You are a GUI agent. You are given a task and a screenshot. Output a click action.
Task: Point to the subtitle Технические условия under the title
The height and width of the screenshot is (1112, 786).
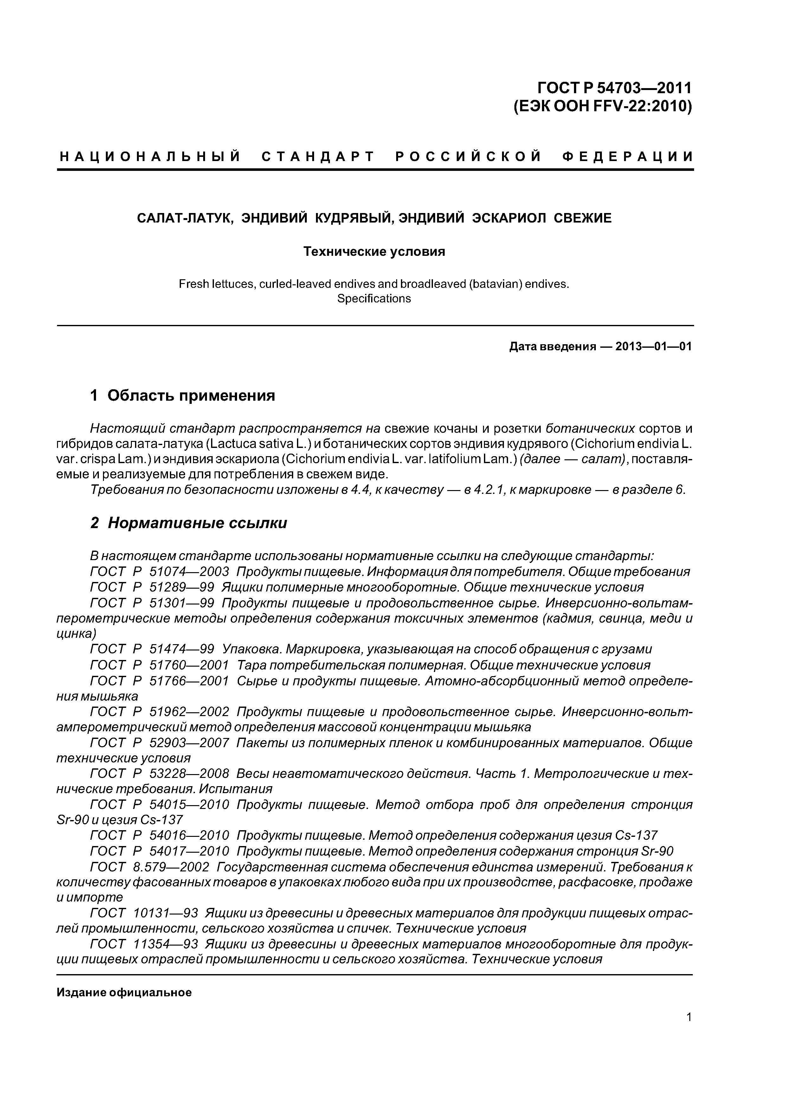tap(374, 252)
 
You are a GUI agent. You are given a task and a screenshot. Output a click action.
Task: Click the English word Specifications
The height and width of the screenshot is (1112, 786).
tap(374, 298)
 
